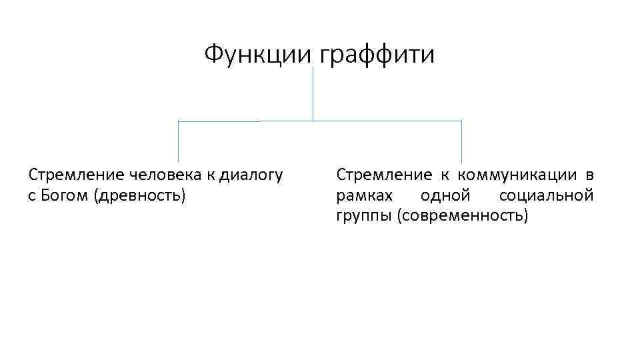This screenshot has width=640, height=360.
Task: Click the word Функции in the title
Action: (x=257, y=54)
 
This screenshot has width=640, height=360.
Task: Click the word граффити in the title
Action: (x=377, y=54)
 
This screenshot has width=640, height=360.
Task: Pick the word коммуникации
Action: (x=514, y=175)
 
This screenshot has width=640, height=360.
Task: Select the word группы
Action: (x=364, y=217)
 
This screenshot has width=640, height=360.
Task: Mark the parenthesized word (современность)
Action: (x=462, y=217)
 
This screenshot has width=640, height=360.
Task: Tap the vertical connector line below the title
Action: (x=313, y=93)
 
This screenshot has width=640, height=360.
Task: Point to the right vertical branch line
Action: (x=461, y=142)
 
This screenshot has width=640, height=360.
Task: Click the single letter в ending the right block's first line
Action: (x=589, y=176)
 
